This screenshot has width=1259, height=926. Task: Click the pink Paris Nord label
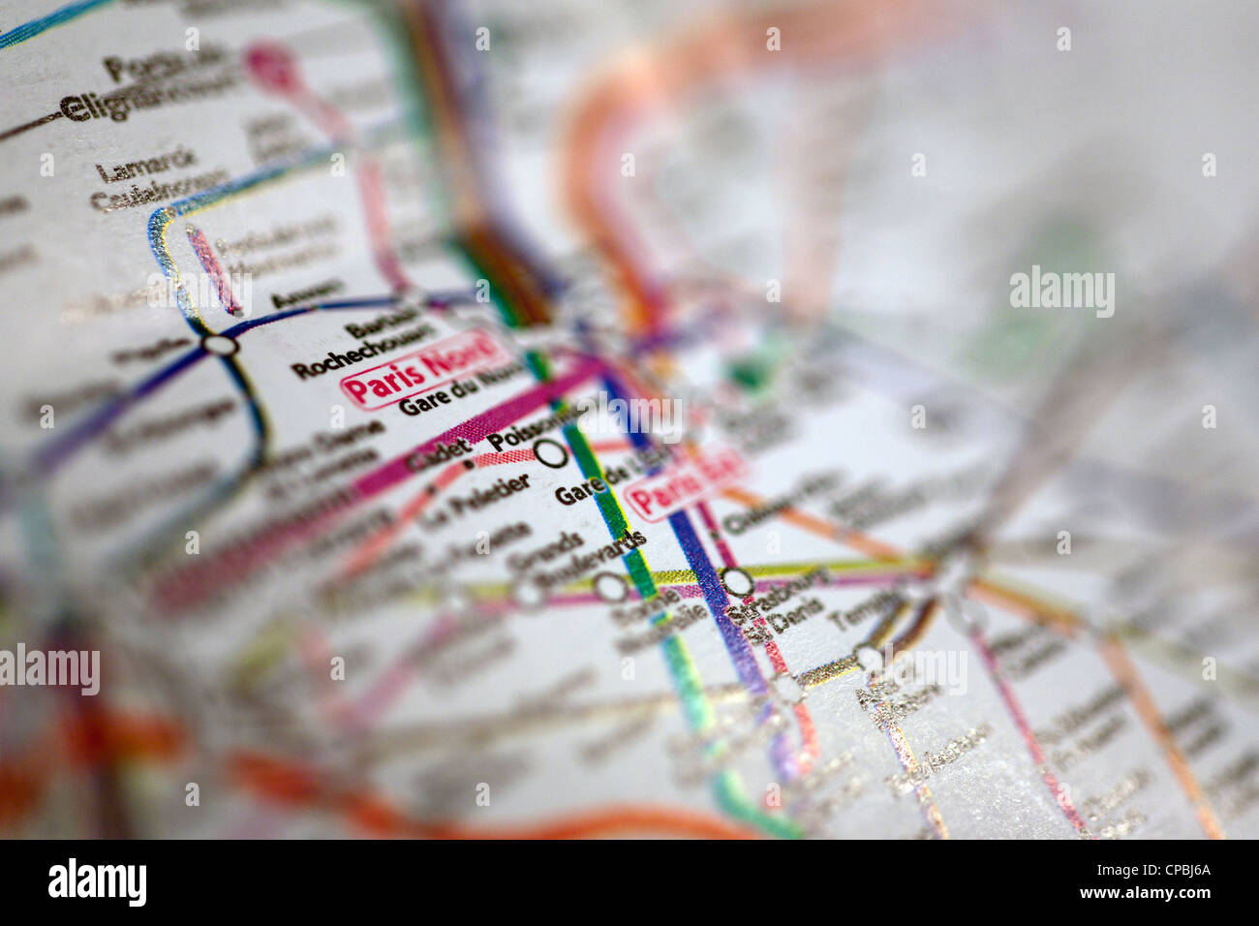[x=422, y=368]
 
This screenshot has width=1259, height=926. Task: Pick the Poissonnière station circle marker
[x=551, y=452]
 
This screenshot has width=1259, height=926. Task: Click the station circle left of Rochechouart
[x=221, y=344]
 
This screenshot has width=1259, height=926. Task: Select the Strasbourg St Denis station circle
[x=737, y=581]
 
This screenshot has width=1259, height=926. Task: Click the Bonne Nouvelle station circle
[x=610, y=586]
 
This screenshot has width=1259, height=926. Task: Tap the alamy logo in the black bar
[x=97, y=882]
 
